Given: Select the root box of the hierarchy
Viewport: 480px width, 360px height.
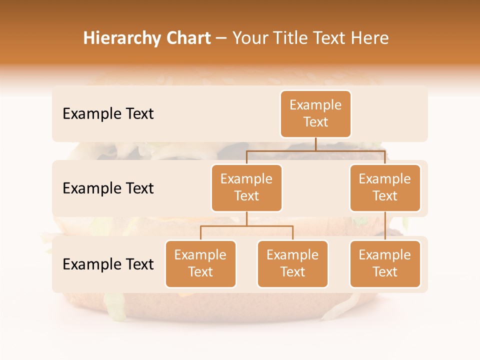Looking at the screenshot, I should point(315,114).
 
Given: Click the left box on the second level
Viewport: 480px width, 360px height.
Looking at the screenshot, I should point(246,188).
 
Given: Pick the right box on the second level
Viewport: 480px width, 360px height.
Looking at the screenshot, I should point(385,188).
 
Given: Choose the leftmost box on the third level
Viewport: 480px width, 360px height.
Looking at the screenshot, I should point(200,264).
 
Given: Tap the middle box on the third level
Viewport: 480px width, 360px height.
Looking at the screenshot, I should point(292,264).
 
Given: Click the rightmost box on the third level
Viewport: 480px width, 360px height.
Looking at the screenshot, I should point(385,264).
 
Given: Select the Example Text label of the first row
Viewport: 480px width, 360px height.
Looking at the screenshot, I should point(108,114).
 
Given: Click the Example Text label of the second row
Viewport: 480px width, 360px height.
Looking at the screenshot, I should point(108,188).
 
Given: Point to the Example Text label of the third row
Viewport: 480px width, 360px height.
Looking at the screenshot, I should point(108,264).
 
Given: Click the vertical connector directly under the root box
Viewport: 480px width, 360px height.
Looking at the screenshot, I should point(315,144).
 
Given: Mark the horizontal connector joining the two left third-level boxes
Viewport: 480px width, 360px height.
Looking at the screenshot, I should point(246,226).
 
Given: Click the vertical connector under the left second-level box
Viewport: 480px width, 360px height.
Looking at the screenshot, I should point(246,218).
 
